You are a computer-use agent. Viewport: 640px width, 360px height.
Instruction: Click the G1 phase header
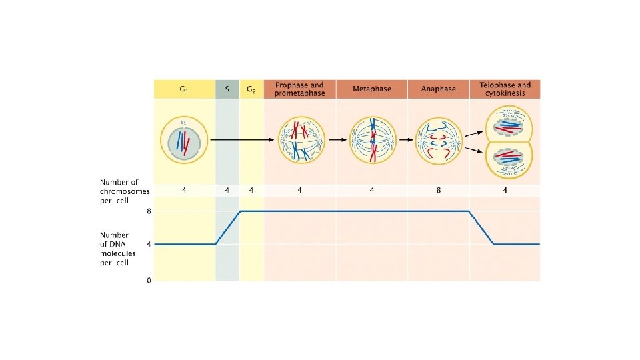point(184,89)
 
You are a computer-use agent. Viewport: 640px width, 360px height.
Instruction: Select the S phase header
point(227,89)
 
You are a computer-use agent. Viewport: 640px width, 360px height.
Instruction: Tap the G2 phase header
point(251,89)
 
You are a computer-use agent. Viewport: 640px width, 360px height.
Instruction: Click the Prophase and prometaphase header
point(299,89)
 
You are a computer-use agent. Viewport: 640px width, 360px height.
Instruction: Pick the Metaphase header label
point(372,89)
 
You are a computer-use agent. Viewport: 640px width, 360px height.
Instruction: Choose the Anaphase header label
point(439,89)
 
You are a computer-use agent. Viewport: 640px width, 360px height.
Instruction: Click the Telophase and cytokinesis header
point(505,89)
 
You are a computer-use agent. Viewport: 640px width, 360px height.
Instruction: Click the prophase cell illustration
point(299,140)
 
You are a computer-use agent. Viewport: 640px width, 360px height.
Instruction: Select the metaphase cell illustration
point(373,140)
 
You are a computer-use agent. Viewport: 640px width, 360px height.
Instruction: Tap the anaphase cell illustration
point(439,141)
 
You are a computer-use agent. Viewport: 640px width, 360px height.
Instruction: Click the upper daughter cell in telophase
point(509,123)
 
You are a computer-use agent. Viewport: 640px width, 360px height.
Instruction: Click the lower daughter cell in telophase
point(509,161)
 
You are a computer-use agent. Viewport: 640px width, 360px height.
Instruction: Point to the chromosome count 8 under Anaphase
point(439,190)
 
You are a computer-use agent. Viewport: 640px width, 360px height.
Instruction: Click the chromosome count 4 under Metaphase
point(372,190)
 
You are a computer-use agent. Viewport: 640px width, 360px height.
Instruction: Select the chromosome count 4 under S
point(227,190)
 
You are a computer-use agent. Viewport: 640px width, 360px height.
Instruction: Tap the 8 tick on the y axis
point(149,211)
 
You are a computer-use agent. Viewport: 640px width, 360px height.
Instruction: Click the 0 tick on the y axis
point(149,281)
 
